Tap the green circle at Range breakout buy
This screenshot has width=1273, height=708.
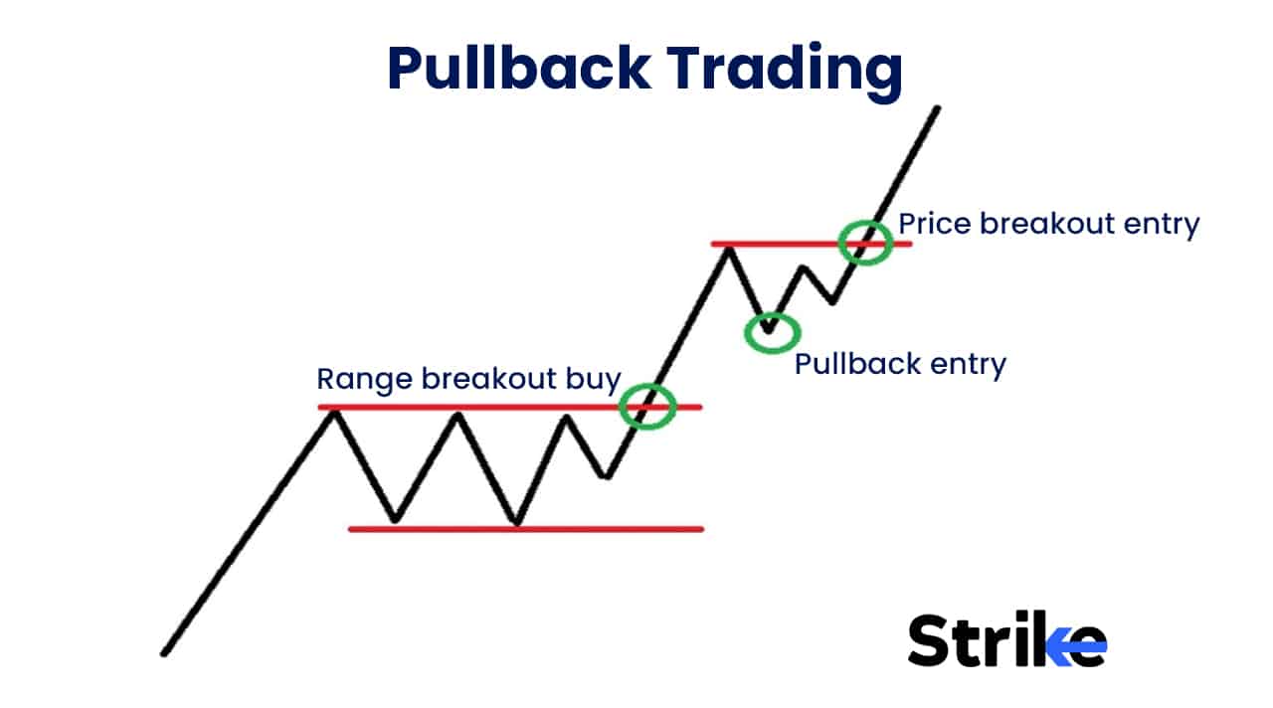(647, 406)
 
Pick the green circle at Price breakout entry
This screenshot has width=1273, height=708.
(864, 242)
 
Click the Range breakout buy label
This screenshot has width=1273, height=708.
(467, 379)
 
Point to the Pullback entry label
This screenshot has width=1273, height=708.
(900, 364)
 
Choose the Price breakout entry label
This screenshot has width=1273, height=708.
(1048, 224)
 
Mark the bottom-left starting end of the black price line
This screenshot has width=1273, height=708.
(163, 653)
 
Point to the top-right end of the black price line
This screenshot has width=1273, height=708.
(937, 107)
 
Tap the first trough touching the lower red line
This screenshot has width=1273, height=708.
(395, 520)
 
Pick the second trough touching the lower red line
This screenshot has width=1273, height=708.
(516, 522)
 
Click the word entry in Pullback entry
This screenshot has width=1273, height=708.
(967, 364)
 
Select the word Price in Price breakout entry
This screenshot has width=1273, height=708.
(935, 224)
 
